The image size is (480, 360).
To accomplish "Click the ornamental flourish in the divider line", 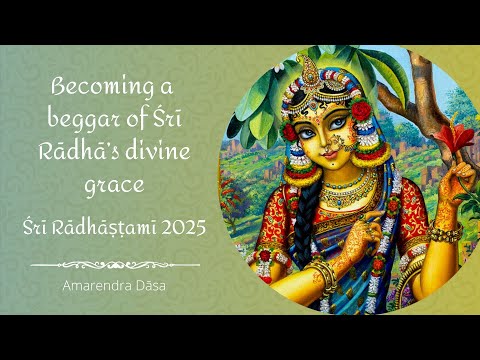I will tap(115, 264).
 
